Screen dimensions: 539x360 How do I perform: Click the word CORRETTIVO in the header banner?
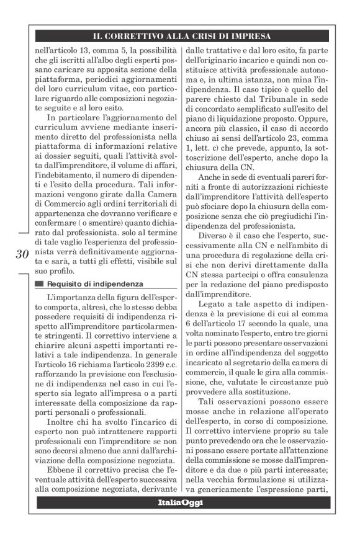(x=134, y=35)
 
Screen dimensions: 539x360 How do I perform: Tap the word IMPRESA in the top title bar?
(x=250, y=35)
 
